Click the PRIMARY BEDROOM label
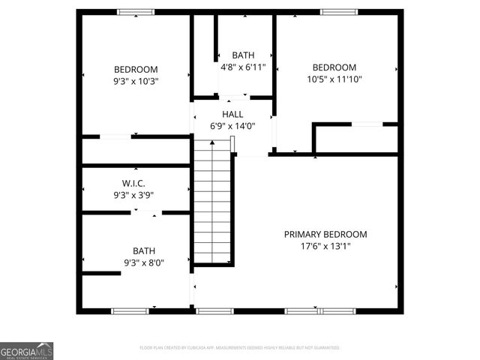[x=325, y=234]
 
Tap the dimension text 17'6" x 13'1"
[x=325, y=246]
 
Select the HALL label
[x=232, y=114]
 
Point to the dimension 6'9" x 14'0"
[x=232, y=126]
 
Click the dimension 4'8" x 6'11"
[x=243, y=67]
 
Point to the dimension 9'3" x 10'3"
[x=136, y=81]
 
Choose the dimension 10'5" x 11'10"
[x=334, y=79]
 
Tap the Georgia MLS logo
[x=26, y=351]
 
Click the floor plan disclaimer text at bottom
[x=240, y=348]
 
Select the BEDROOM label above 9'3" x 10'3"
[x=136, y=69]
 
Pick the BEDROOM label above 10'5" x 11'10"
[x=334, y=67]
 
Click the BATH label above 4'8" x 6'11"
[x=243, y=55]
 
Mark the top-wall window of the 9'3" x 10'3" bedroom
[x=136, y=12]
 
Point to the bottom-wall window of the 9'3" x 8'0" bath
[x=130, y=310]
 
